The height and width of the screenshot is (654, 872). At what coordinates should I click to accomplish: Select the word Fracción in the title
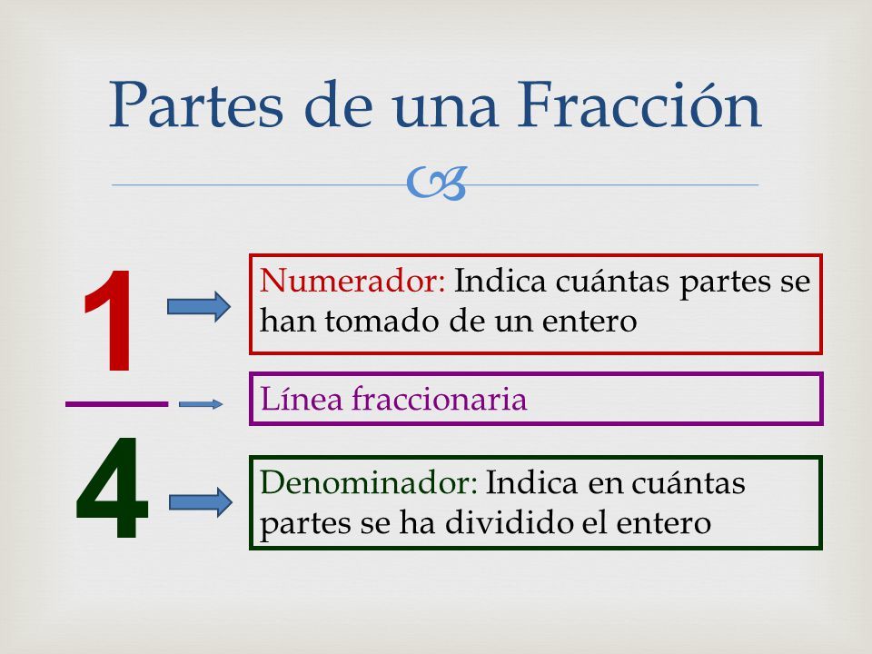point(639,104)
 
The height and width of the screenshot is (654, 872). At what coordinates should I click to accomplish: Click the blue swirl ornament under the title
point(436,183)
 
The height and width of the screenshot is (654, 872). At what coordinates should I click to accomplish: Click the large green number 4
point(112,488)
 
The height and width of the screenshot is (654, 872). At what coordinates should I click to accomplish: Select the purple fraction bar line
point(117,403)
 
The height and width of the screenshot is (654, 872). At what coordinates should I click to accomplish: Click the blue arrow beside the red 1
point(199,306)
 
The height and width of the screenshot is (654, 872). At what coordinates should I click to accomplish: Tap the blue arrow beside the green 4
point(200,502)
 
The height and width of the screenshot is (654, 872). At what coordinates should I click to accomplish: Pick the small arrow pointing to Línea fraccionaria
point(201,404)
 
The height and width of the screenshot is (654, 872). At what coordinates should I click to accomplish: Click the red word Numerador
point(352,281)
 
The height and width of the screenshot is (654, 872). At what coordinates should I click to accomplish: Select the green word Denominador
point(369,481)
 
